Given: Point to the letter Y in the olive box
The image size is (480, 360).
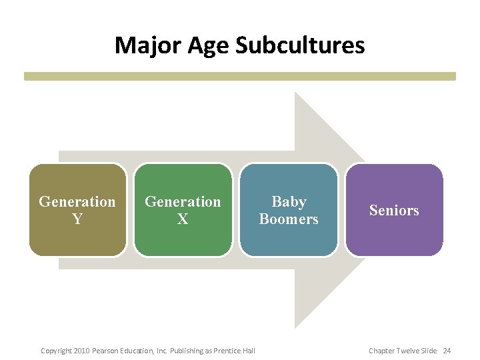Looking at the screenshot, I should pyautogui.click(x=77, y=219).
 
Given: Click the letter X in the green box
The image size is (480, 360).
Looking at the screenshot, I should pyautogui.click(x=183, y=219).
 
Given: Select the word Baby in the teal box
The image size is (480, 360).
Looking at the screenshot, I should pyautogui.click(x=289, y=201).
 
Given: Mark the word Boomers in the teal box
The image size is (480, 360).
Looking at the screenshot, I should pyautogui.click(x=289, y=219).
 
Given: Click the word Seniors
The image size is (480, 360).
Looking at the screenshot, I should pyautogui.click(x=394, y=211).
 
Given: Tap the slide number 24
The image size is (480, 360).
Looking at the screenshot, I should pyautogui.click(x=447, y=351).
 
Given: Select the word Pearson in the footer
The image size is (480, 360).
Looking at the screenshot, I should pyautogui.click(x=107, y=351).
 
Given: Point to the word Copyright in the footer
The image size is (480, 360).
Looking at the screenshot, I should pyautogui.click(x=56, y=351).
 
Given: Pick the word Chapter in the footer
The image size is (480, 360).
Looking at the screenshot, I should pyautogui.click(x=382, y=351).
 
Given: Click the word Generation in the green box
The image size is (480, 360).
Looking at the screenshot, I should pyautogui.click(x=183, y=201).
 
